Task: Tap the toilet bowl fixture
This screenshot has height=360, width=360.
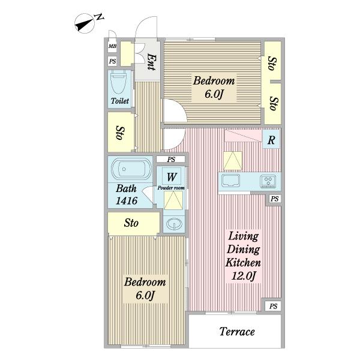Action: (119, 82)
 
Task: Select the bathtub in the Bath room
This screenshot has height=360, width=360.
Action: (131, 169)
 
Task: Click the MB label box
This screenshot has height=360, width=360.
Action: (112, 46)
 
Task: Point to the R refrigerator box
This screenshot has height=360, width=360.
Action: (271, 139)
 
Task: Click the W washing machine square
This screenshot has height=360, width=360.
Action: (171, 176)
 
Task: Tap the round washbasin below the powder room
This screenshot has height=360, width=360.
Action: (174, 224)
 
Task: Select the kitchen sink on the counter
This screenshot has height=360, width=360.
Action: (231, 181)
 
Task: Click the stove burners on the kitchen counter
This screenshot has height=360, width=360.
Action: (268, 181)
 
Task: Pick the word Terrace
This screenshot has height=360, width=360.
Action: (237, 332)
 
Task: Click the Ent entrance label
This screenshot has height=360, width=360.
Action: (151, 62)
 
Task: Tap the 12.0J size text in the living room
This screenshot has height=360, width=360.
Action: (244, 276)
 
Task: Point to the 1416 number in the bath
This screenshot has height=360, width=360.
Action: (127, 200)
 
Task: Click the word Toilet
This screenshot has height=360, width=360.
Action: (120, 101)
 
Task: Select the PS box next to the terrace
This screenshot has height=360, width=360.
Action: (273, 306)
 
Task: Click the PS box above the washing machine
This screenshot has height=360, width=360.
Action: (171, 159)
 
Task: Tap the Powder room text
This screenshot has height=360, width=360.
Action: (171, 188)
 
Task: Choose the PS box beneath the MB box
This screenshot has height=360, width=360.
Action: (112, 61)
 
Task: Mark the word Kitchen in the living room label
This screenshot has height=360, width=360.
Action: (243, 263)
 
